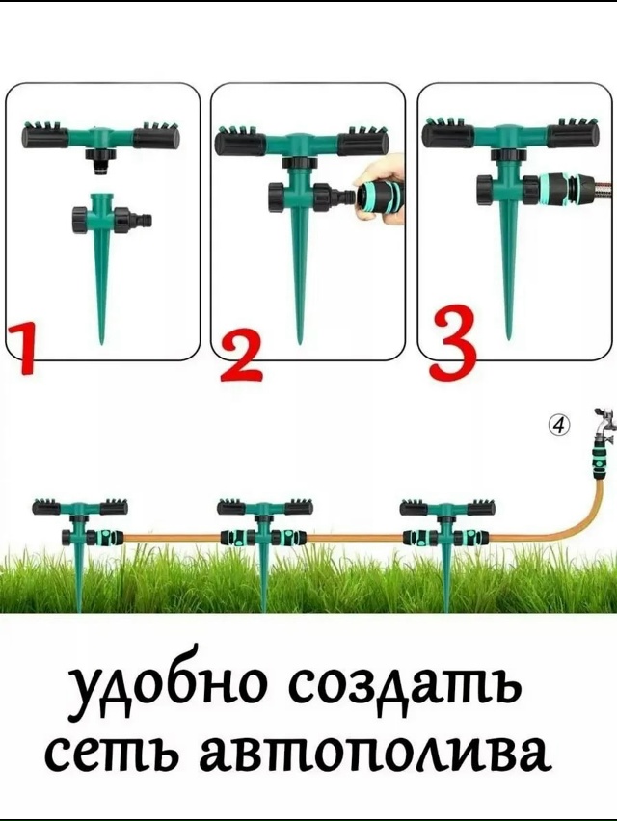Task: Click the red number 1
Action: tap(21, 350)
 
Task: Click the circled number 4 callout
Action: tap(560, 424)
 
